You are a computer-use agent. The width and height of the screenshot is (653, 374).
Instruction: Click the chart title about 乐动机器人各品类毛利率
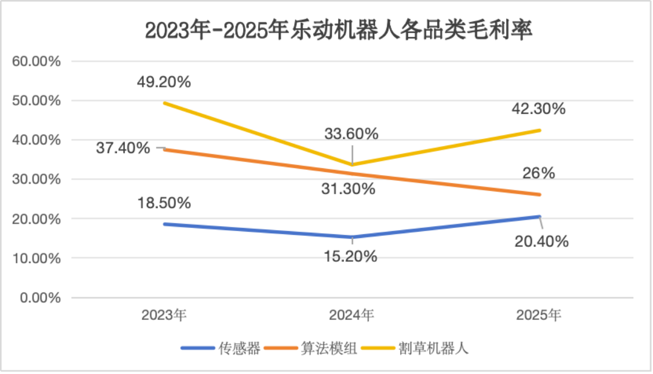(338, 31)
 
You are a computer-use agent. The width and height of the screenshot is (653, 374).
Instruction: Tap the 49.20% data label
(164, 82)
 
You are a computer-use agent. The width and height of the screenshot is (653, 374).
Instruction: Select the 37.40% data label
(123, 148)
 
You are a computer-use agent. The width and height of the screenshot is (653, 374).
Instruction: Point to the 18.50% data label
(164, 203)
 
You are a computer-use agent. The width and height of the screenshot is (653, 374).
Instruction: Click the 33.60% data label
(351, 134)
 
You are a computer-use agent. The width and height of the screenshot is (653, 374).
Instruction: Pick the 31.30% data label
(348, 189)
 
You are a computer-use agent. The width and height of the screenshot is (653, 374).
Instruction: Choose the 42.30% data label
(538, 109)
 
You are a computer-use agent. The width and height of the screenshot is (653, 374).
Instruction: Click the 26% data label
(538, 173)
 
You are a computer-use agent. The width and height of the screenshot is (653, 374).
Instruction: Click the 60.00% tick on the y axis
(36, 62)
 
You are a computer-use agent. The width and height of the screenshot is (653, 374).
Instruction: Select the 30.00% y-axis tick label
(36, 180)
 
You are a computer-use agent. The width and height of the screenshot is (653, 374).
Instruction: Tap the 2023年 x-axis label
(164, 315)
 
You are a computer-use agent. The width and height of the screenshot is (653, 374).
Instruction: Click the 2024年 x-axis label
(351, 315)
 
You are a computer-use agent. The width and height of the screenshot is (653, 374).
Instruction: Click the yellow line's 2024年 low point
(352, 165)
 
